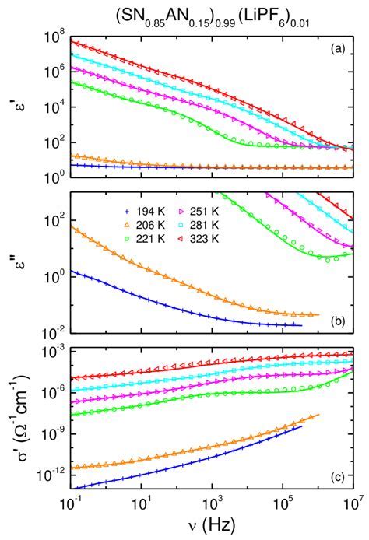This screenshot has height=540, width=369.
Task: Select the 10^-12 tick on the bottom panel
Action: tap(48, 474)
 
